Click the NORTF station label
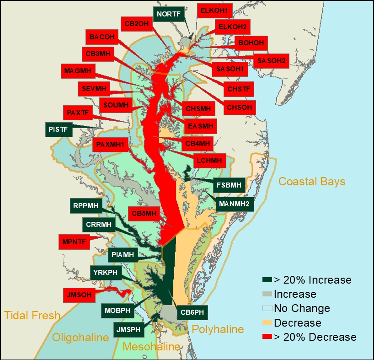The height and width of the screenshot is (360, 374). (169, 14)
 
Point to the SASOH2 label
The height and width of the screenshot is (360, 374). (271, 60)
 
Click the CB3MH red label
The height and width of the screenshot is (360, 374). (98, 54)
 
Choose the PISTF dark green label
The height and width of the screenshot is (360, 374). (59, 129)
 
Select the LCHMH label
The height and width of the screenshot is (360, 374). (209, 160)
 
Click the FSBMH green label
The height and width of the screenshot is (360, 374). (230, 186)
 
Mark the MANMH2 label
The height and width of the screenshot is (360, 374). (234, 204)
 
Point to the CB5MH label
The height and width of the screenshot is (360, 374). (144, 213)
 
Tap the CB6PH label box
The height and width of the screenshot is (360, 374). (192, 312)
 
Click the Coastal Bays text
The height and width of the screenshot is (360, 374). (311, 182)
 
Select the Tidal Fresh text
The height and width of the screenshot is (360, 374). (32, 315)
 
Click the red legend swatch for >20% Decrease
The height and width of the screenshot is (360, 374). (267, 337)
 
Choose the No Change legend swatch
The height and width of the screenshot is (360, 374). (267, 308)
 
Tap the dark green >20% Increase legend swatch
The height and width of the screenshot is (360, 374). (267, 280)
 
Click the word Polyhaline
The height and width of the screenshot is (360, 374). (217, 329)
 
